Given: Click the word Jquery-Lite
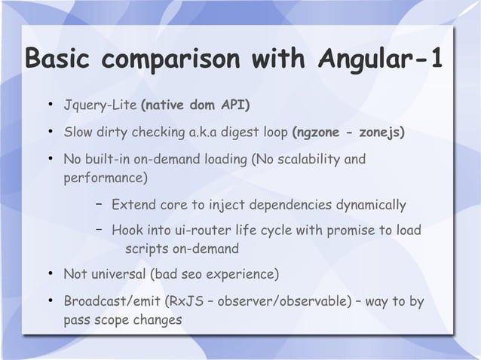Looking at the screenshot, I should pyautogui.click(x=96, y=102).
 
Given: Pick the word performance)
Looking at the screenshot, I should pyautogui.click(x=106, y=179).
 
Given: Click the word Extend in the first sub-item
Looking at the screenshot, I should pyautogui.click(x=132, y=206).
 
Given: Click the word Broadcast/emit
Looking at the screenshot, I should pyautogui.click(x=112, y=303).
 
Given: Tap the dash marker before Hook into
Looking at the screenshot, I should pyautogui.click(x=99, y=230).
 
